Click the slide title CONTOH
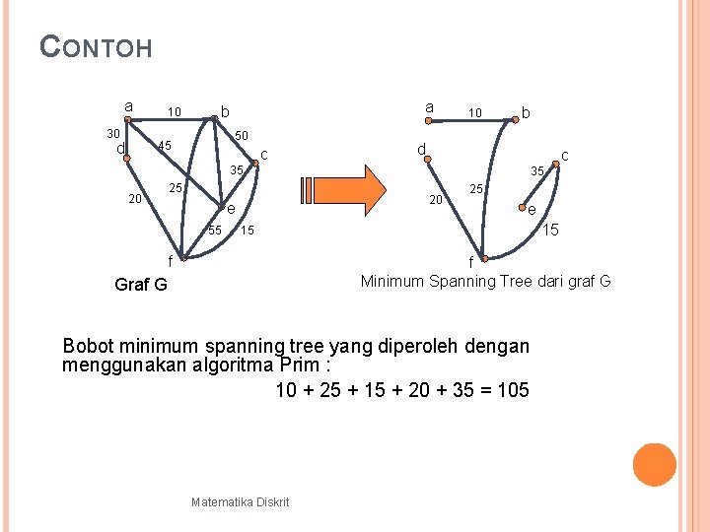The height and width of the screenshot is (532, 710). pos(97,46)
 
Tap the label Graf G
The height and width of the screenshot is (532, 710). pos(141,285)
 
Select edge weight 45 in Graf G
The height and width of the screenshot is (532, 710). pos(165,147)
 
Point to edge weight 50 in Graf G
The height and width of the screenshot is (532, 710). pos(242,135)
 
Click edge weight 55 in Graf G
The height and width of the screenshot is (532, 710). pos(214,231)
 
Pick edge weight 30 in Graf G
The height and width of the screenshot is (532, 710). pos(113,133)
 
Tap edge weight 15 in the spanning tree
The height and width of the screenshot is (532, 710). pos(552,230)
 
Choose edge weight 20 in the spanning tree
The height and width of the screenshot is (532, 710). pos(434,201)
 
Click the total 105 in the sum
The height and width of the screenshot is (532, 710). pos(513,390)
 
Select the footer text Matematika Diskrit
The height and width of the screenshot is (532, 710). pos(241,502)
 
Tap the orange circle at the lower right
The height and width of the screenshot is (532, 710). pos(654,465)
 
